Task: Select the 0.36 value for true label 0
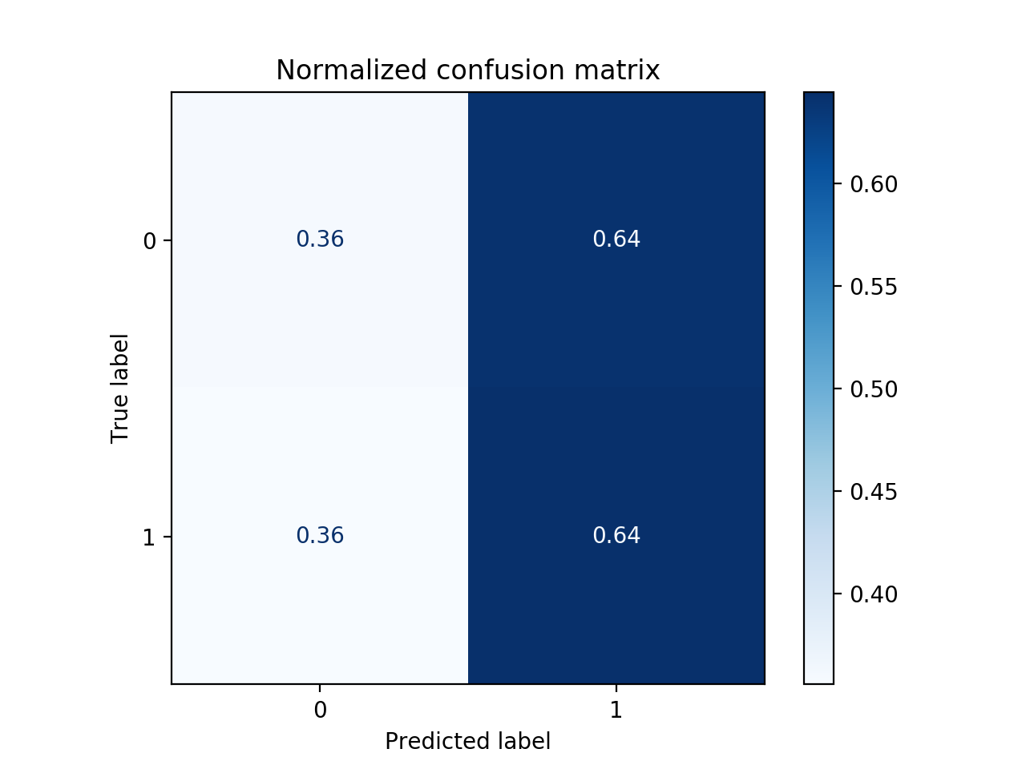point(320,240)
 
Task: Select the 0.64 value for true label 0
point(616,240)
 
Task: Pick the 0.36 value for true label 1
point(320,536)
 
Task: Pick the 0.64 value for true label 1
point(616,536)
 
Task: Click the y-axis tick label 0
point(149,241)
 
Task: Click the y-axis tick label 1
point(149,537)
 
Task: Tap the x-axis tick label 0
point(320,711)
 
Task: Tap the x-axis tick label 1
point(616,711)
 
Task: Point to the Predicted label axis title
point(467,742)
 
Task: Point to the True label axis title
point(120,388)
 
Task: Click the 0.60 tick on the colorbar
point(873,185)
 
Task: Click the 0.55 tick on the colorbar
point(873,288)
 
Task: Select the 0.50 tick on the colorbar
point(873,390)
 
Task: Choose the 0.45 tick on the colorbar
point(873,493)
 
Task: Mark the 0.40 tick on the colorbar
point(873,595)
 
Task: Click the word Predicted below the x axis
point(433,742)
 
